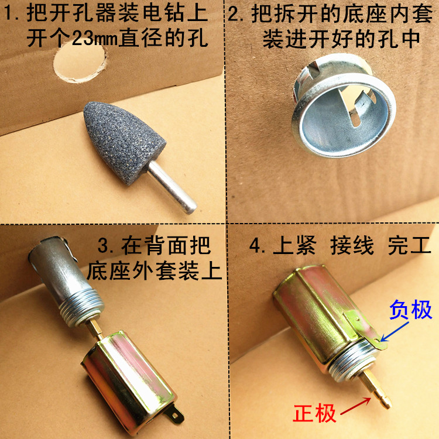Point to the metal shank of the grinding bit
(x=172, y=187)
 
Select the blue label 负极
(x=410, y=310)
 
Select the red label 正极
(x=314, y=413)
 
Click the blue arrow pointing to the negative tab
(x=394, y=331)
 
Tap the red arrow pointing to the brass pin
(x=355, y=406)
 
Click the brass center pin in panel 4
(x=375, y=389)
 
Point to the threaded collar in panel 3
(x=82, y=307)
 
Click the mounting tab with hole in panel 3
(x=176, y=414)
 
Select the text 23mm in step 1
(x=95, y=39)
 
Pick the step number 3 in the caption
(x=104, y=245)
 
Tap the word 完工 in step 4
(x=409, y=245)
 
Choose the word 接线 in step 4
(x=352, y=245)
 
